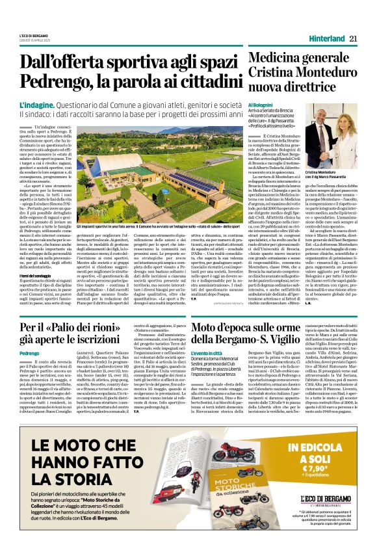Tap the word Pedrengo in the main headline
pyautogui.click(x=55, y=82)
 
